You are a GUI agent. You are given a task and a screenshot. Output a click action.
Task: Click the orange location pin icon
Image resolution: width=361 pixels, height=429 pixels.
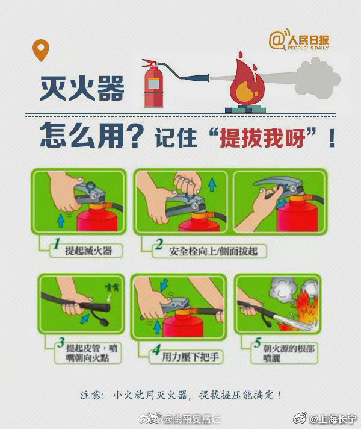coord(41,50)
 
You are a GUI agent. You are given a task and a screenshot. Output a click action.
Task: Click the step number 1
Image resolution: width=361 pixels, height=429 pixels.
coord(55,245)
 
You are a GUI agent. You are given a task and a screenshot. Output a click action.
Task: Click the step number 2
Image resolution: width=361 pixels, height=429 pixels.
coord(159,245)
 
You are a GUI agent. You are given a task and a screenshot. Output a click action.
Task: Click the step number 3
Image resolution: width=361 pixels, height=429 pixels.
coord(60,346)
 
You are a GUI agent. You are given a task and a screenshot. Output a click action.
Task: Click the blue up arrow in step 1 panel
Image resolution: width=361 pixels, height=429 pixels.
coord(60,221)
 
